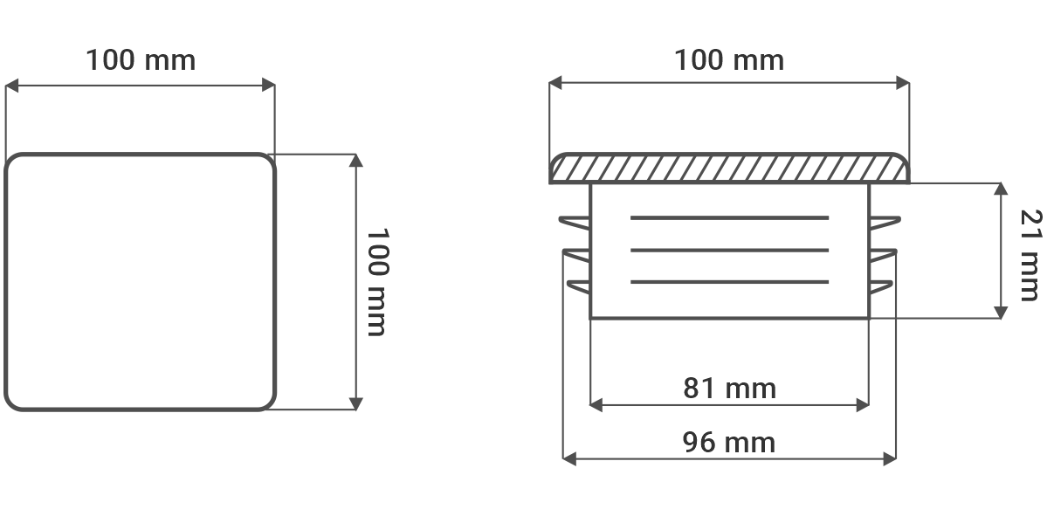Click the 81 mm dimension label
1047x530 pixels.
[729, 388]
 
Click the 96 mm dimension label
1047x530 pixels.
[729, 443]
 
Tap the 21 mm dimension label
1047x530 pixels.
[1031, 256]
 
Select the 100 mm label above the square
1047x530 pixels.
[141, 60]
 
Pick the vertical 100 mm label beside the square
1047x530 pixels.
[377, 282]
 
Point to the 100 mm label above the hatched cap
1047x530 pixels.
[729, 60]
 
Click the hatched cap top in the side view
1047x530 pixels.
[729, 169]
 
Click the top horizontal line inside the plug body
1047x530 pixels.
[729, 217]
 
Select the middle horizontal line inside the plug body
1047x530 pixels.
[729, 251]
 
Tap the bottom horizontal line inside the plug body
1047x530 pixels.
[729, 282]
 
